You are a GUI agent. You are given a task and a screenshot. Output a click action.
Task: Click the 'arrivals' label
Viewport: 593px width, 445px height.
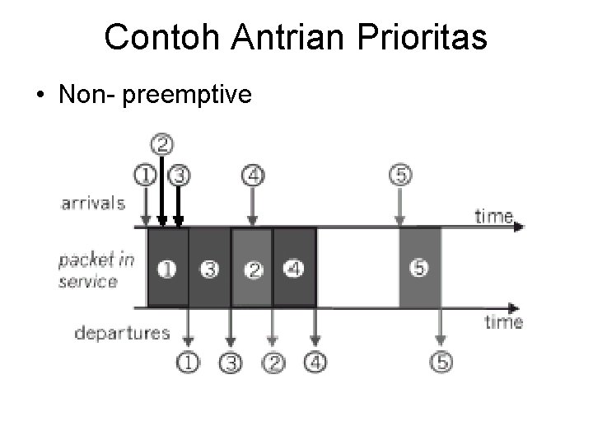point(92,203)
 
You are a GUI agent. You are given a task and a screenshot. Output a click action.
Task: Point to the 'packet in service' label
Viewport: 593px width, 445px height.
point(96,270)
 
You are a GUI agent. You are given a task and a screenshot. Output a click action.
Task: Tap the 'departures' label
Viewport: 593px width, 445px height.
point(122,333)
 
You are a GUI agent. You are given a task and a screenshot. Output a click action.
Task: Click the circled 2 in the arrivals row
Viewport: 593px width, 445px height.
point(163,145)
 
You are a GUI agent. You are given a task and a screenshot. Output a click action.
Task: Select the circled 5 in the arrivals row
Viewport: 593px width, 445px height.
point(399,175)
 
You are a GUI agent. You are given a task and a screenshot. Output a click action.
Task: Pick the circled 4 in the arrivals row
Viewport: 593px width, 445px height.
point(253,175)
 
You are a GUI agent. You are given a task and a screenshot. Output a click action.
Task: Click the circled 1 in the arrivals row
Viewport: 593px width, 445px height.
point(146,175)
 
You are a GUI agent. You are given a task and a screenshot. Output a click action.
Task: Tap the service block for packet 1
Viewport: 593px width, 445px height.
point(167,269)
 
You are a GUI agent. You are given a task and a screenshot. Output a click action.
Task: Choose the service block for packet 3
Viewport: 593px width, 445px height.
point(210,269)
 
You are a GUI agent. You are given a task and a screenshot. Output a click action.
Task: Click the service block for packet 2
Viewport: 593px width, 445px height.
point(253,269)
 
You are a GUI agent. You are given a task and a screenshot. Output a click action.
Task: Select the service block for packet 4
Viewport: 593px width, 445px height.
point(294,269)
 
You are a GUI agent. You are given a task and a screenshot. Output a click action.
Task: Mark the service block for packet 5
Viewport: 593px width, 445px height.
point(420,269)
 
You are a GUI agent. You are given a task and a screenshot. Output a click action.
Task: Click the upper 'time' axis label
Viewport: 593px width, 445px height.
point(494,216)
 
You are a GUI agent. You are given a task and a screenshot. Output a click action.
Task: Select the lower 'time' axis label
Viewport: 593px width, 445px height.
point(503,321)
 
